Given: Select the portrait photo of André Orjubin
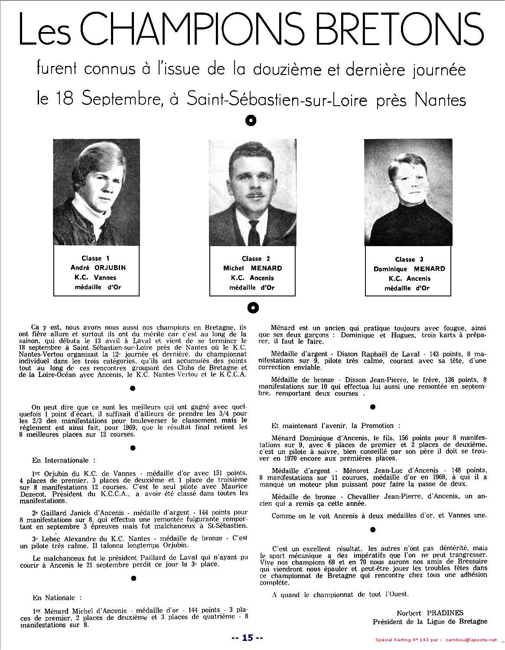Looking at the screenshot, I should (x=96, y=192).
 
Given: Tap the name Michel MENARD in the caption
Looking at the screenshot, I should (x=252, y=269).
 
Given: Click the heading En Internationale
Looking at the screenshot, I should (x=60, y=460).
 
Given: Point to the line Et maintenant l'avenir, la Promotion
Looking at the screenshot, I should (x=332, y=426).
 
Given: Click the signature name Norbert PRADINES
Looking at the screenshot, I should (x=430, y=613).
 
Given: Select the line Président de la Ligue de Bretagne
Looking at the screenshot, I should (x=430, y=621).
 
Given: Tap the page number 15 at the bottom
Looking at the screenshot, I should (x=247, y=637).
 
